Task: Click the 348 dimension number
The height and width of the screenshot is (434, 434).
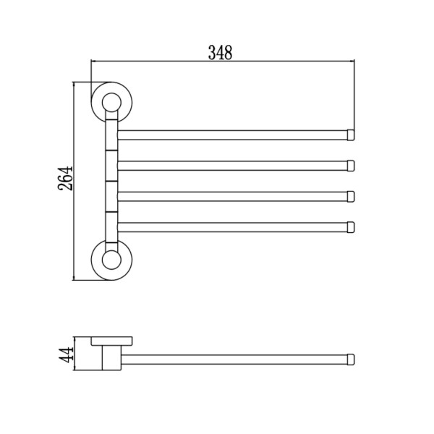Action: coord(221,52)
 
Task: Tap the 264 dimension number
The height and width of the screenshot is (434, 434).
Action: coord(65,179)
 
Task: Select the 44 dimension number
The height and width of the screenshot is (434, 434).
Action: coord(66,354)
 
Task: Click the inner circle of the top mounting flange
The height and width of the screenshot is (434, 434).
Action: coord(111,103)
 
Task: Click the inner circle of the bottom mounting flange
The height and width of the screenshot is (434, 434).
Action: coord(111,260)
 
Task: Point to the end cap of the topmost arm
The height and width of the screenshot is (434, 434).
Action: coord(351,135)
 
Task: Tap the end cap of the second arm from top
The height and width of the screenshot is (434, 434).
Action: coord(351,166)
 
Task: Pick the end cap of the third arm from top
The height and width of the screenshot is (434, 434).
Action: coord(351,197)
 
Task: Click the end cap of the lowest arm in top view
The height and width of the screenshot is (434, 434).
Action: coord(351,227)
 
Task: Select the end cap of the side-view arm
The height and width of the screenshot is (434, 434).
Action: coord(351,359)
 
